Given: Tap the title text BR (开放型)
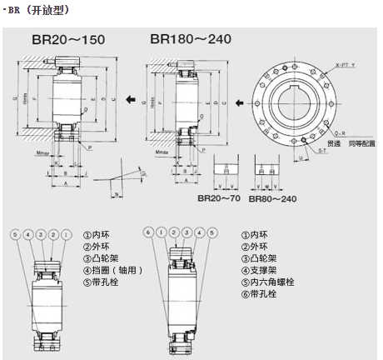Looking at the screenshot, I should click(42, 9).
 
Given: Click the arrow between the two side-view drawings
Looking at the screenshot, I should click(131, 99).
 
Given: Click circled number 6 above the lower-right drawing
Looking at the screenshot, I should click(147, 232).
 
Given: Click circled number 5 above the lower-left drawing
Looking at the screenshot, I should click(14, 234).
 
